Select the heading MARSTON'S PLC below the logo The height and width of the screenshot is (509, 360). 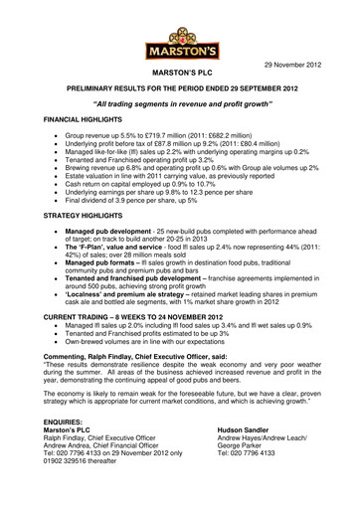(x=179, y=75)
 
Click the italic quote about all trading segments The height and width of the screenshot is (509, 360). (x=179, y=102)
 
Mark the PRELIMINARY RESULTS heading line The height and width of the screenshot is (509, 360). (x=179, y=88)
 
